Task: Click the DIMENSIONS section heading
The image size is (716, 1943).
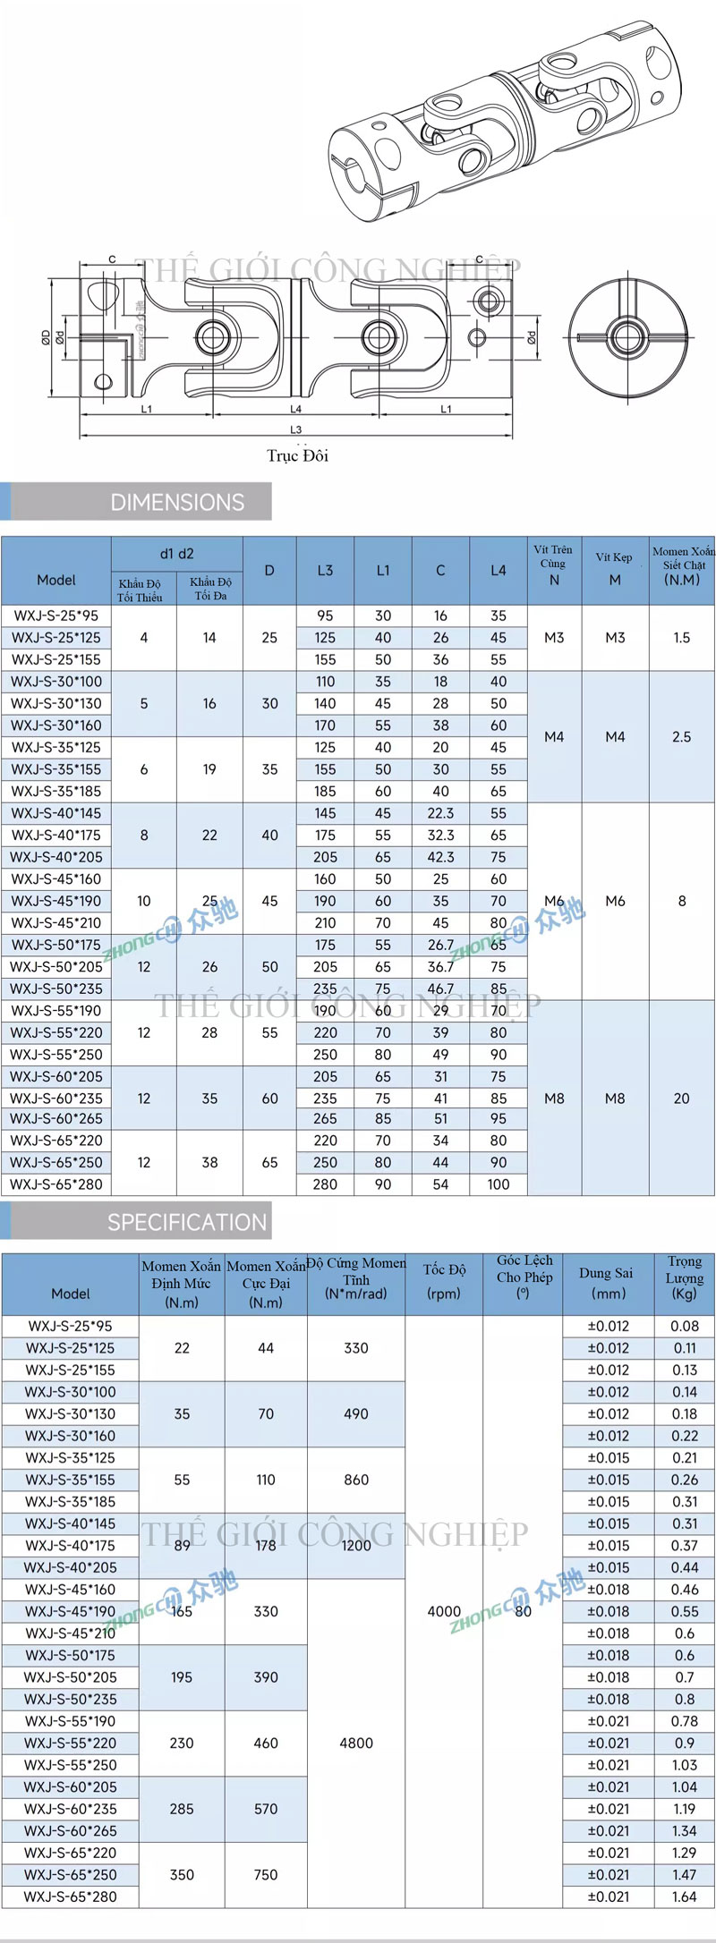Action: point(177,503)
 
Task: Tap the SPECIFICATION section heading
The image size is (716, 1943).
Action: point(186,1222)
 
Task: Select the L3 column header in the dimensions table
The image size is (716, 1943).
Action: point(325,571)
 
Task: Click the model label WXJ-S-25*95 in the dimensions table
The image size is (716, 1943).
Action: point(55,615)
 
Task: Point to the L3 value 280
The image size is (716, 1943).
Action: point(325,1184)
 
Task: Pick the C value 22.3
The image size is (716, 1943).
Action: point(440,813)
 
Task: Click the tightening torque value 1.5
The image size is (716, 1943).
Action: point(682,638)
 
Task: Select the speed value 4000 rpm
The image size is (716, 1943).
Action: point(444,1611)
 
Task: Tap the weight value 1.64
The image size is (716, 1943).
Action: point(685,1896)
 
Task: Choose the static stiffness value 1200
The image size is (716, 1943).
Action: point(356,1545)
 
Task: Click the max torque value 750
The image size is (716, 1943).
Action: point(266,1874)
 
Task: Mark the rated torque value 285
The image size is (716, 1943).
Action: point(182,1809)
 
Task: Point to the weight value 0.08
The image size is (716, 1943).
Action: point(685,1326)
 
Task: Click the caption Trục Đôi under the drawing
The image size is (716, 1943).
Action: point(297,455)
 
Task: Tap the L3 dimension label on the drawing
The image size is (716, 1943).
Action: point(296,430)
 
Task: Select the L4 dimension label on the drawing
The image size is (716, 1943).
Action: point(296,410)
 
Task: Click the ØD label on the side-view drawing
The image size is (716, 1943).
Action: point(46,337)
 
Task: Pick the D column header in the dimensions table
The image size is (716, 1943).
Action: point(269,571)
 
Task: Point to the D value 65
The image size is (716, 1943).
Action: point(269,1163)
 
